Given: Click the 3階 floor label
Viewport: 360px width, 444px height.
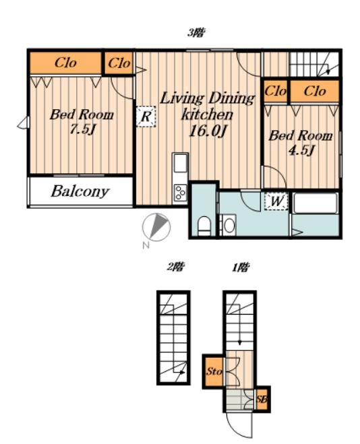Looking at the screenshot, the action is tap(196, 33).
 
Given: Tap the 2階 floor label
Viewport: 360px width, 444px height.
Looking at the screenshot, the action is tap(175, 267).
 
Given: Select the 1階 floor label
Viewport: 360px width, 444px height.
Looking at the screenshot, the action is tap(241, 267).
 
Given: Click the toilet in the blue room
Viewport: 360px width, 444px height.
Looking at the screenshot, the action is tap(204, 226).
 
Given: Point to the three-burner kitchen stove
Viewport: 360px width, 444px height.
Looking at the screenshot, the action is tap(180, 193).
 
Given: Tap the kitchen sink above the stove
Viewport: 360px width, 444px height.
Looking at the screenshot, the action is tap(180, 164).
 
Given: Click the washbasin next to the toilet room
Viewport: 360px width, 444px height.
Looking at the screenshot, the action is tap(228, 225).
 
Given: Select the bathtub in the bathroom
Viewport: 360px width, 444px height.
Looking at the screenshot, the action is tap(315, 203).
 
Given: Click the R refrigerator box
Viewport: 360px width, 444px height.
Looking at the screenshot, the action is tap(146, 117).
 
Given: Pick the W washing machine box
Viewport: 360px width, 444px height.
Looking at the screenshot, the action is tap(276, 201).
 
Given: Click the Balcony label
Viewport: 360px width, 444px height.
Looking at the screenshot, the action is tap(80, 192).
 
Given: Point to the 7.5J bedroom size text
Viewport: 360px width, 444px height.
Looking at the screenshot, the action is tap(82, 129).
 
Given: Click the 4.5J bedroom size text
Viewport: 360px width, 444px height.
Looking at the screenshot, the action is tap(301, 150).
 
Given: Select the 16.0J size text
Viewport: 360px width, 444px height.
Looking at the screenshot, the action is tap(207, 131).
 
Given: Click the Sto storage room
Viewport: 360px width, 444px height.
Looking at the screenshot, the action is tap(214, 371).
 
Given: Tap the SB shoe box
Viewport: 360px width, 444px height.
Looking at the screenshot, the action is tap(262, 400).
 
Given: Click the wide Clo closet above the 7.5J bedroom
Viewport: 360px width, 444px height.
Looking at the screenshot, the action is tap(65, 63).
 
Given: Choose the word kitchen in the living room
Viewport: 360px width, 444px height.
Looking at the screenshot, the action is tap(207, 115).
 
